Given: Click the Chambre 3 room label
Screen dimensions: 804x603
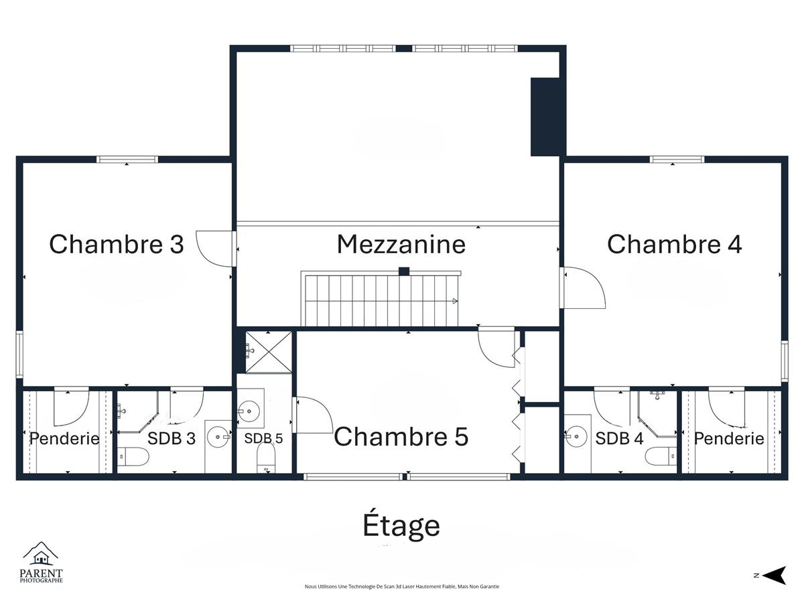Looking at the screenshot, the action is click(117, 244).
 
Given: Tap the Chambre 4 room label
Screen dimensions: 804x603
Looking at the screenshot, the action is click(674, 244).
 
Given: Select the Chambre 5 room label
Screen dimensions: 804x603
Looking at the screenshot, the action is click(401, 436).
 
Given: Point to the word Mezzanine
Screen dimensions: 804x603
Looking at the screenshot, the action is click(401, 244).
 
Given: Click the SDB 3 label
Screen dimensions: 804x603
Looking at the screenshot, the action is click(172, 438).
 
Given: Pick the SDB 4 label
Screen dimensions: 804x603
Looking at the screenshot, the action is click(619, 438).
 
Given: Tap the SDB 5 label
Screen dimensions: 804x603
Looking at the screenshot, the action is click(263, 438).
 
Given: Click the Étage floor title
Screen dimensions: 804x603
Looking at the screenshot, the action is click(401, 525).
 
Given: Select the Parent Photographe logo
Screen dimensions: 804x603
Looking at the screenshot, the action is click(41, 562).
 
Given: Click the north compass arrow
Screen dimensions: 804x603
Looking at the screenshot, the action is click(776, 575).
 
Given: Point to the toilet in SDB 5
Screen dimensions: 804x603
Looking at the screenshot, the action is click(266, 458).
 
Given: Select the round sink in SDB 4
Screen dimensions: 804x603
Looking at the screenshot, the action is click(577, 436).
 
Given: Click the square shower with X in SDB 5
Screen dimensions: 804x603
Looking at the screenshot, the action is click(269, 352).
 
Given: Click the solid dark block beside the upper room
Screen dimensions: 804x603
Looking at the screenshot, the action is click(545, 117).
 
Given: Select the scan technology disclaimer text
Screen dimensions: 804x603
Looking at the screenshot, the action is click(402, 586).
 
